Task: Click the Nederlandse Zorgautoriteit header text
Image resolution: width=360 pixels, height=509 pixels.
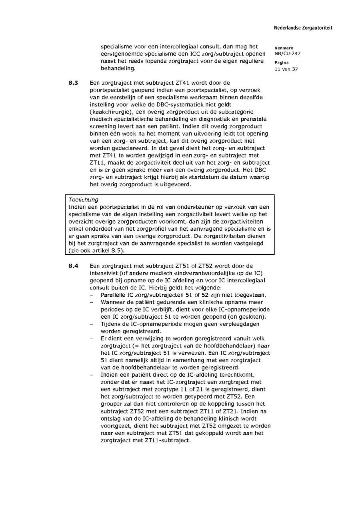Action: click(x=303, y=28)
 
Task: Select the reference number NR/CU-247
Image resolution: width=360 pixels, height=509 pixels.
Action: click(x=287, y=54)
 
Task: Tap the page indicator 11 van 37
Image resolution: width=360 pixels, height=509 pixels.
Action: click(x=286, y=69)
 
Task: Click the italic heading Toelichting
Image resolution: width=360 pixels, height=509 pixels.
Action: click(x=83, y=200)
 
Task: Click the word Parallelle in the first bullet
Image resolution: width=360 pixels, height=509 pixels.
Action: click(x=113, y=295)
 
